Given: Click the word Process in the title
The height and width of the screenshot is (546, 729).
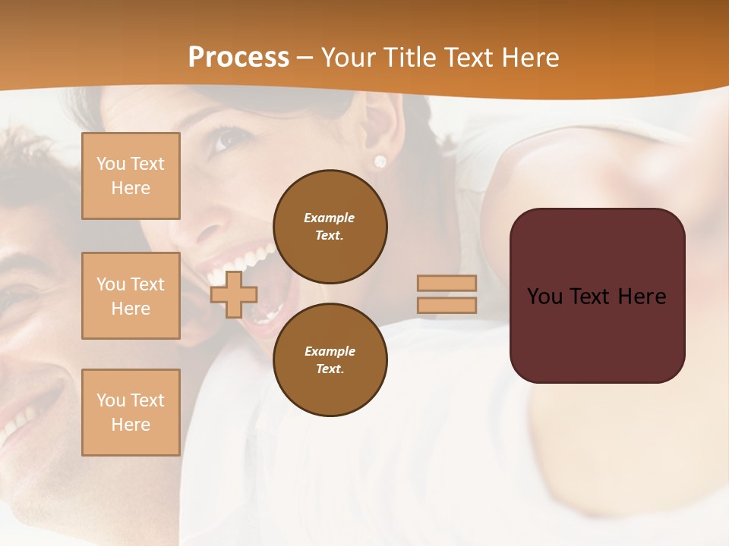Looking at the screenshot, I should (x=238, y=58).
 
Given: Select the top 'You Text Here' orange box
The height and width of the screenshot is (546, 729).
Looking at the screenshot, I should (x=131, y=176).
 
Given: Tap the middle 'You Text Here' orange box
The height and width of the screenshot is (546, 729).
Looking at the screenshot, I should (x=131, y=296).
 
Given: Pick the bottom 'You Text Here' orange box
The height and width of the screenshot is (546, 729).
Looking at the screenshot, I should (x=131, y=413).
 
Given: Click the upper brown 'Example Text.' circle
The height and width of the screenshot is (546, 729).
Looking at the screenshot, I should (x=330, y=227).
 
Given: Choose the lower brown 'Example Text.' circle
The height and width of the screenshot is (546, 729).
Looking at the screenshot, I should (x=330, y=360).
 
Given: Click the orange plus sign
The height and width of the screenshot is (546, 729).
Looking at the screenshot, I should (x=234, y=295).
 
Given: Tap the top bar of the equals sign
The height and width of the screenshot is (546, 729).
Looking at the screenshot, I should (x=447, y=284).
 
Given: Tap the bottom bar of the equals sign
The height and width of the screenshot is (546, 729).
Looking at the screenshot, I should (x=447, y=306).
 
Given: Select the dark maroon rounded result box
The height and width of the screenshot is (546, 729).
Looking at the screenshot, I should (x=597, y=296).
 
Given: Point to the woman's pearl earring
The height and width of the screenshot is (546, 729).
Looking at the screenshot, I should (x=380, y=161).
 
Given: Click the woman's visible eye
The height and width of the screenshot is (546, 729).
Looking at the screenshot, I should (x=222, y=140).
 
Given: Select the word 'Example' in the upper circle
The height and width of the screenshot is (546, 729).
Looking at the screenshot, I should (x=330, y=218).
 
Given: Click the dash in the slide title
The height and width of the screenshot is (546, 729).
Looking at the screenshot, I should (x=305, y=58).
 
